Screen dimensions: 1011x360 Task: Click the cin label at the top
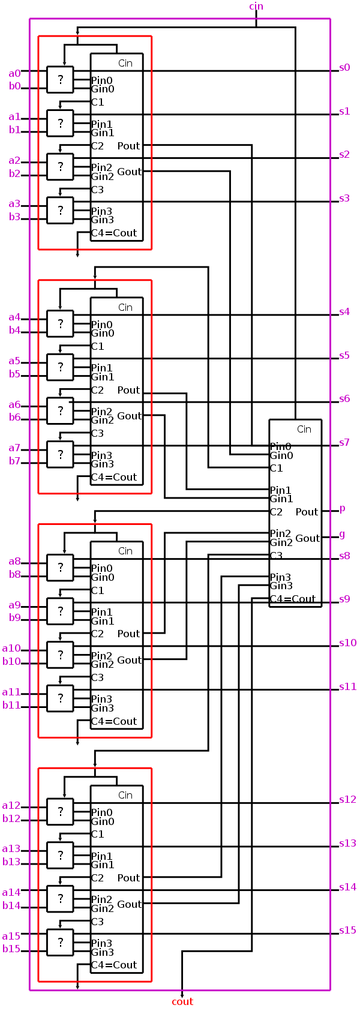256,7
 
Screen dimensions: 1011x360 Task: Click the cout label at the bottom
182,1001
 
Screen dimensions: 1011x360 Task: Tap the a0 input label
14,73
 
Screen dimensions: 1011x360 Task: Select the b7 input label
14,461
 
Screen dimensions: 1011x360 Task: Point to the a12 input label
11,805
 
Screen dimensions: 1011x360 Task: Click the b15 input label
11,949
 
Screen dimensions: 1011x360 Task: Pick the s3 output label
344,198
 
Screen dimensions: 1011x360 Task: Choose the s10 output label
348,643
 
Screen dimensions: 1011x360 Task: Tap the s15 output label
348,930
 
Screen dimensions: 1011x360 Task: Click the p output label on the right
343,509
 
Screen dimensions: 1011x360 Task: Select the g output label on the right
343,534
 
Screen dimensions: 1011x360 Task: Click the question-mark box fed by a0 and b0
60,79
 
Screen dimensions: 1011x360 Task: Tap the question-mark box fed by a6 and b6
60,411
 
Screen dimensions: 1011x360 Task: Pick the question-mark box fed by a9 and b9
60,611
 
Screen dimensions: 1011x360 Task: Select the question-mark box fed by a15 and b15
60,943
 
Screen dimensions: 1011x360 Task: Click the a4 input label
14,317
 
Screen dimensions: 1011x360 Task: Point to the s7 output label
344,442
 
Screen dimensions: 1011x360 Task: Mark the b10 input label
11,661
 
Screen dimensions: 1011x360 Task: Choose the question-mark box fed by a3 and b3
60,211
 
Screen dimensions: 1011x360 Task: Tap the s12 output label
348,799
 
